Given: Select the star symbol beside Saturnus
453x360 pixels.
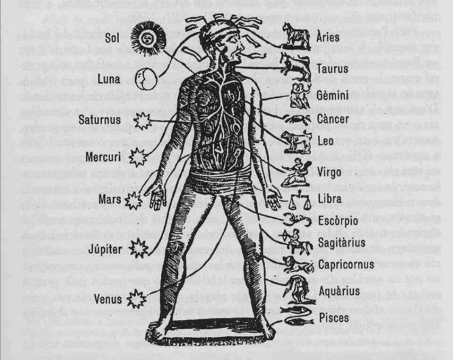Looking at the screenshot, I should point(143,121).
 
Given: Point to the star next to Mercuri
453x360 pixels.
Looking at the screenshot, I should point(137,158).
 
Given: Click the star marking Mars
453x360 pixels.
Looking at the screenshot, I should point(134,200).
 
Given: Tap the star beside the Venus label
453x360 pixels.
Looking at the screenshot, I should point(137,299).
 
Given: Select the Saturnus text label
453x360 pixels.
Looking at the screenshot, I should point(100,120).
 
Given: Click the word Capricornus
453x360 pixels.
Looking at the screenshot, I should point(345,265).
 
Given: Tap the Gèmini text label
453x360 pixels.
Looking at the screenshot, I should point(333,96).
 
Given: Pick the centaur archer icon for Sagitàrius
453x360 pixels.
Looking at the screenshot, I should point(298,242).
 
